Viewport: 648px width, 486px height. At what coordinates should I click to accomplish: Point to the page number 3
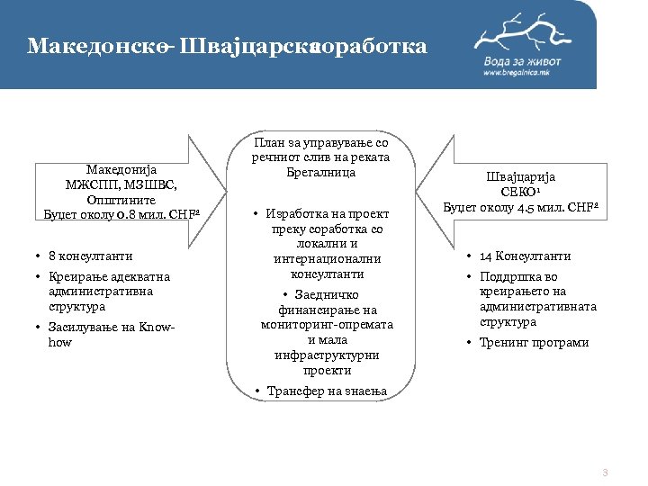click(x=605, y=472)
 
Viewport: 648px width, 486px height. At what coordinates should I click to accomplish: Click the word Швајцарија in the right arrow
click(x=521, y=177)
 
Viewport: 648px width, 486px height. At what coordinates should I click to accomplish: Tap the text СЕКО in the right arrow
click(x=518, y=193)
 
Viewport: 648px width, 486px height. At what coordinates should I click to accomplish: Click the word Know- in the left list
click(x=159, y=328)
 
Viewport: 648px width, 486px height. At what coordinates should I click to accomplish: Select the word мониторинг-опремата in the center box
click(x=327, y=325)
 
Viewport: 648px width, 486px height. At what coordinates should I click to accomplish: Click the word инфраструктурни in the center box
click(x=327, y=355)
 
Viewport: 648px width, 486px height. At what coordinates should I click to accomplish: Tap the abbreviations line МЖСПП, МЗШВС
click(x=121, y=184)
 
